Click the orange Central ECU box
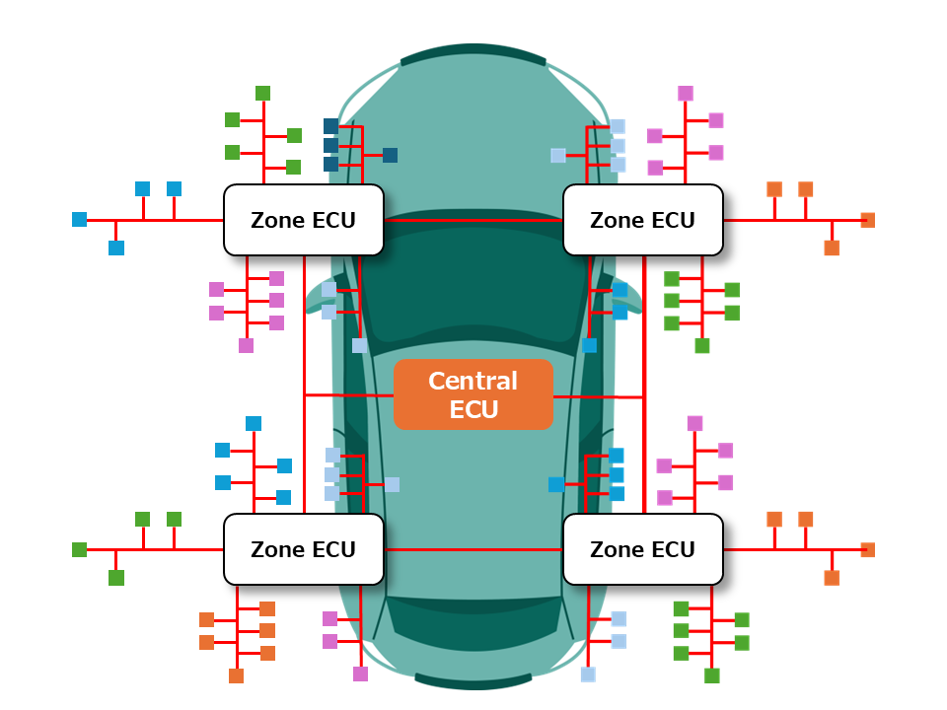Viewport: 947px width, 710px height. tap(473, 394)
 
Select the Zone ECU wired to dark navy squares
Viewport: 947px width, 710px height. tap(303, 219)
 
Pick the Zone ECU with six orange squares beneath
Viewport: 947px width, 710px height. tap(303, 549)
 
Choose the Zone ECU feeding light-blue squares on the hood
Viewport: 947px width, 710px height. tap(642, 219)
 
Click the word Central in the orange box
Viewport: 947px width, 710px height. tap(473, 382)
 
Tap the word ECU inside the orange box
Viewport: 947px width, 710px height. tap(473, 409)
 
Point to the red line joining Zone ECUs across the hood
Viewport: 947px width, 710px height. tap(473, 220)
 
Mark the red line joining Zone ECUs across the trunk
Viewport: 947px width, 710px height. tap(473, 549)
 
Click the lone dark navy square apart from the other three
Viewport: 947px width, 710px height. tap(390, 155)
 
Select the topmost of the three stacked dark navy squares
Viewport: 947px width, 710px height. tap(330, 126)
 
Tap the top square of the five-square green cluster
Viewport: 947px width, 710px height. tap(262, 93)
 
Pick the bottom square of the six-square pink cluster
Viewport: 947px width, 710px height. tap(246, 345)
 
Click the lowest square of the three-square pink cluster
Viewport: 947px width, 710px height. tap(360, 674)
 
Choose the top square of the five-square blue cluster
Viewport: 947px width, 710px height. tap(254, 423)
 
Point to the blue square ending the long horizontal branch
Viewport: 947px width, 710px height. tap(79, 219)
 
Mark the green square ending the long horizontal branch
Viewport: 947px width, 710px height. tap(79, 549)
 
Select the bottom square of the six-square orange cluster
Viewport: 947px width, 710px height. tap(236, 675)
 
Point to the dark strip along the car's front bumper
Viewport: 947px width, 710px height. tap(473, 55)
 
